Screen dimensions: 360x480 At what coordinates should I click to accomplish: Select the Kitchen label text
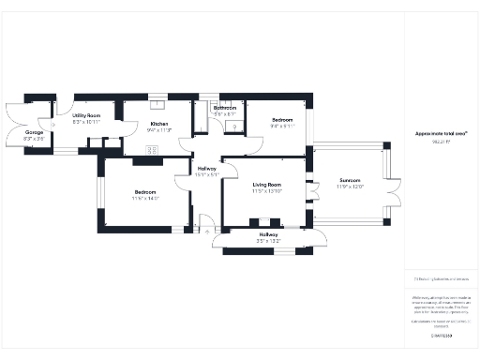click(159, 124)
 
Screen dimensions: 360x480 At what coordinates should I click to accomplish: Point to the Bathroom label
click(225, 108)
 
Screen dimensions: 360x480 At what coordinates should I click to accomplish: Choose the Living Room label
click(267, 185)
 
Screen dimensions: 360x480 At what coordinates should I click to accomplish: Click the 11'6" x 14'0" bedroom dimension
click(145, 199)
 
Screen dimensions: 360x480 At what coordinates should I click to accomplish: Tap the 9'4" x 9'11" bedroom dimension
click(283, 127)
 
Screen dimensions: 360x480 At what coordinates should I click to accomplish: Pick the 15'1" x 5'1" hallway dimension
click(206, 174)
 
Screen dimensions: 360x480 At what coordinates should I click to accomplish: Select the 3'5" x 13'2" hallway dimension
click(268, 241)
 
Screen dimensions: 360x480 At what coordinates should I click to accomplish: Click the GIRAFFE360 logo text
click(441, 335)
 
